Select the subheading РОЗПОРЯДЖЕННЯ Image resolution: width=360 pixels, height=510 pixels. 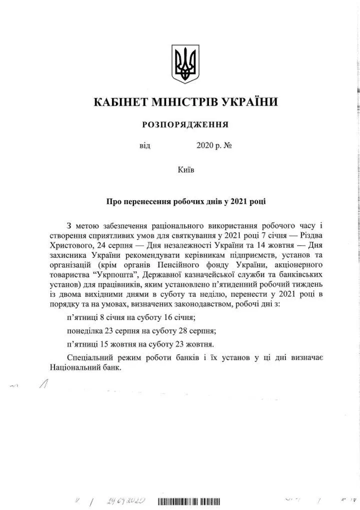(x=186, y=124)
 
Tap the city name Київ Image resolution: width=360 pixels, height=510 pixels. (x=186, y=170)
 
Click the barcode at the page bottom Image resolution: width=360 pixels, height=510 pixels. (x=189, y=501)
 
